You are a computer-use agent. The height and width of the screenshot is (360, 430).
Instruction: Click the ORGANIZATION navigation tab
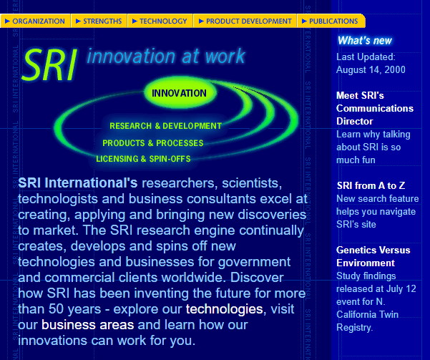35,21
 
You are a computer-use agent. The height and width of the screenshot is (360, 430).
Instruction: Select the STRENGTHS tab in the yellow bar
99,21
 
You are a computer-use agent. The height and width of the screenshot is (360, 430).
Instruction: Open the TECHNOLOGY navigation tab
160,21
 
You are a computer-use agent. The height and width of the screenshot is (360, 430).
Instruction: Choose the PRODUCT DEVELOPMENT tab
245,21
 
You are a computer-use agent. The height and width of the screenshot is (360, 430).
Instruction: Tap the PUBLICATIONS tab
331,21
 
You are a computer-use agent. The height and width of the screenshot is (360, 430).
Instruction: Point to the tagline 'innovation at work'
166,56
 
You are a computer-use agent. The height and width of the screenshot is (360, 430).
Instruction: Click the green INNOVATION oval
180,93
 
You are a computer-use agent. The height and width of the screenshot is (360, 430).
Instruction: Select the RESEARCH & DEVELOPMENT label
166,126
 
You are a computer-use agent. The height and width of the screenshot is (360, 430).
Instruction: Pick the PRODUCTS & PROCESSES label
153,143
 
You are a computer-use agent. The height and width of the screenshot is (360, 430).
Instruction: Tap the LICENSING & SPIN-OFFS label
143,159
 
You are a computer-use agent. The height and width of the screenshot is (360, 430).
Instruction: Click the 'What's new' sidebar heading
365,41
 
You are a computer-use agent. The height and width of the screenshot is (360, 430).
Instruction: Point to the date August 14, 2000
371,69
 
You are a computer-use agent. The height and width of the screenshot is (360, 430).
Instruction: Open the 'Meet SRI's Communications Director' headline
375,108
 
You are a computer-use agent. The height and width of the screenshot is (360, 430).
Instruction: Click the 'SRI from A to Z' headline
371,186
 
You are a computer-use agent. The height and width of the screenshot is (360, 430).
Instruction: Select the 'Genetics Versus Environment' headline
373,256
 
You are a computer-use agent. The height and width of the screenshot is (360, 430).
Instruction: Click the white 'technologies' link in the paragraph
225,309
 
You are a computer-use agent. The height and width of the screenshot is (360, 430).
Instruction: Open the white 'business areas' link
88,325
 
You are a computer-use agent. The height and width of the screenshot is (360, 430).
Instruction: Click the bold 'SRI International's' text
77,183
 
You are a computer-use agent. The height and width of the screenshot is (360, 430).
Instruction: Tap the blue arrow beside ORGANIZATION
7,21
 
